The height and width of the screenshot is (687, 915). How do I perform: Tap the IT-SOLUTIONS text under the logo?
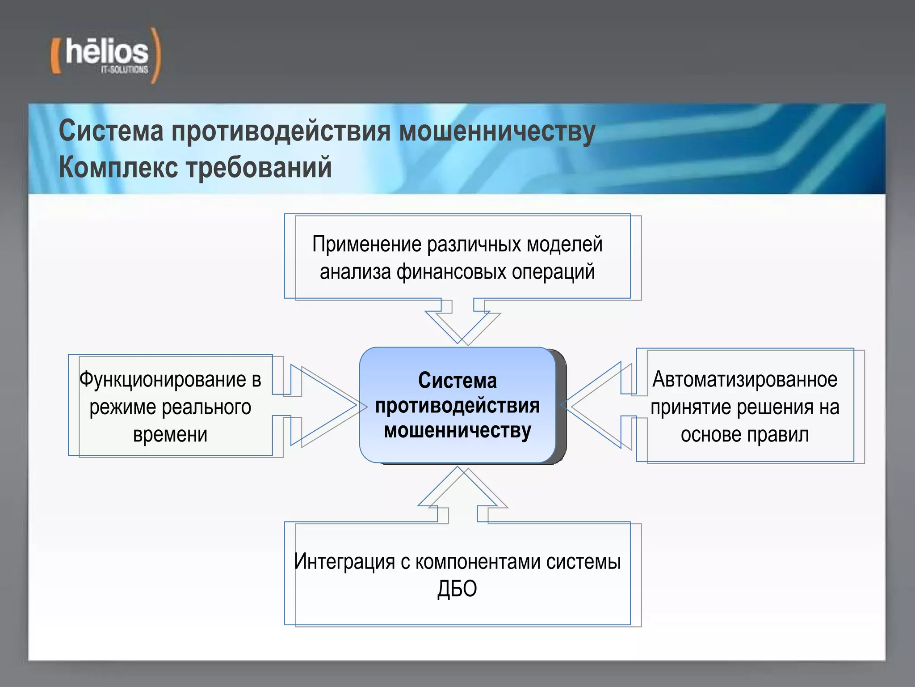tap(125, 70)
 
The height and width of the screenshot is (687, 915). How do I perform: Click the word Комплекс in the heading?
tap(118, 168)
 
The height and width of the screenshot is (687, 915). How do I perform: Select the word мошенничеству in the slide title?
tap(497, 132)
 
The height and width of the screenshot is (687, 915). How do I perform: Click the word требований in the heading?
tap(259, 168)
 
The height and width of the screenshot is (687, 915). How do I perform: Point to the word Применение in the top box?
tap(367, 245)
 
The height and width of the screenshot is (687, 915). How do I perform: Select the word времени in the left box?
tap(170, 434)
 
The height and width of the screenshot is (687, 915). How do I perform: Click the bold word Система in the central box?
tap(457, 381)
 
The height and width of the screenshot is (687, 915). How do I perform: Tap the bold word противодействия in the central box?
tap(457, 406)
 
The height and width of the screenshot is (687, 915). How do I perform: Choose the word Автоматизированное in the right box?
tap(745, 379)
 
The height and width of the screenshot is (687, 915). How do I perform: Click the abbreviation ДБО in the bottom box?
tap(457, 589)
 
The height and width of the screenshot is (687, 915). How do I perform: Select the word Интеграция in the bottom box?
tap(344, 561)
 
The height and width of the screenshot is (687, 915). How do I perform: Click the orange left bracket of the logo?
tap(55, 56)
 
